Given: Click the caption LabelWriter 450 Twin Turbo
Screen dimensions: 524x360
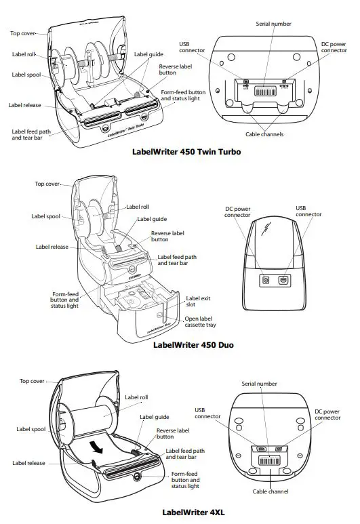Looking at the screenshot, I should tap(186, 152).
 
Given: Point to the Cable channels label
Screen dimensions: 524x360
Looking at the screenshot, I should tap(264, 134).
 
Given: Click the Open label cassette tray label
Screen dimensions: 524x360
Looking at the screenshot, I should tap(201, 321).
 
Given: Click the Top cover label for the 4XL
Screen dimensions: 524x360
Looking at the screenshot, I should tap(33, 381).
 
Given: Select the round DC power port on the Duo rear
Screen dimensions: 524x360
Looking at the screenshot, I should tap(266, 279).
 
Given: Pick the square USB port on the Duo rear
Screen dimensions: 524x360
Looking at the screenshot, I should tap(283, 279).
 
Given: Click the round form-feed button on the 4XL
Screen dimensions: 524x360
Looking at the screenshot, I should tap(139, 476).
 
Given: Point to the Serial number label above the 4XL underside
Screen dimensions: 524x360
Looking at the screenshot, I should tap(258, 384).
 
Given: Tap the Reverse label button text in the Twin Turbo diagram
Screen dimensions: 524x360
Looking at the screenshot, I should tap(174, 70).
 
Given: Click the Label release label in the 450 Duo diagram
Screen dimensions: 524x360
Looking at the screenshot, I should tap(52, 247).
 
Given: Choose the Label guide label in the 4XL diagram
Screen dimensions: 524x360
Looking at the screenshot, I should tap(155, 417).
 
